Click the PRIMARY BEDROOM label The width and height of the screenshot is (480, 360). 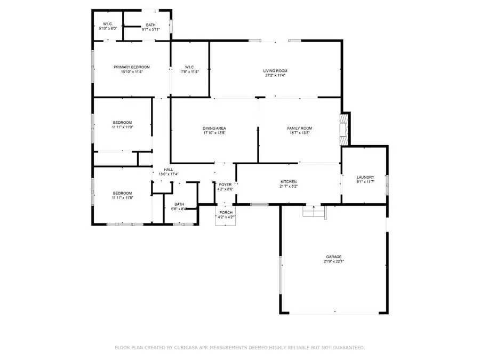tap(132, 67)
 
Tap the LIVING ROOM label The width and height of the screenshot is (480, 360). tap(275, 71)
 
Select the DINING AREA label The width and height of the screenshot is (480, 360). tap(214, 129)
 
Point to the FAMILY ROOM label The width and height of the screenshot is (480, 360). tap(299, 129)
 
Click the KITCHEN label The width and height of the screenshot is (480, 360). tap(288, 182)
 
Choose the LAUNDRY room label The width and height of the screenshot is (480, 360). tap(365, 178)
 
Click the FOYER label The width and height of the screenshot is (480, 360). tap(225, 185)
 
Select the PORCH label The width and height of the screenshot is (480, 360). tap(225, 212)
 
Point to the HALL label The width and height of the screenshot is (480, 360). tap(169, 170)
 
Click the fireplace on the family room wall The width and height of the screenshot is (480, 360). tap(345, 129)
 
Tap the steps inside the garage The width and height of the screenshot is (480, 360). tap(314, 211)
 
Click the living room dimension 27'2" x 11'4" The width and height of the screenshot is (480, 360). tap(275, 76)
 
